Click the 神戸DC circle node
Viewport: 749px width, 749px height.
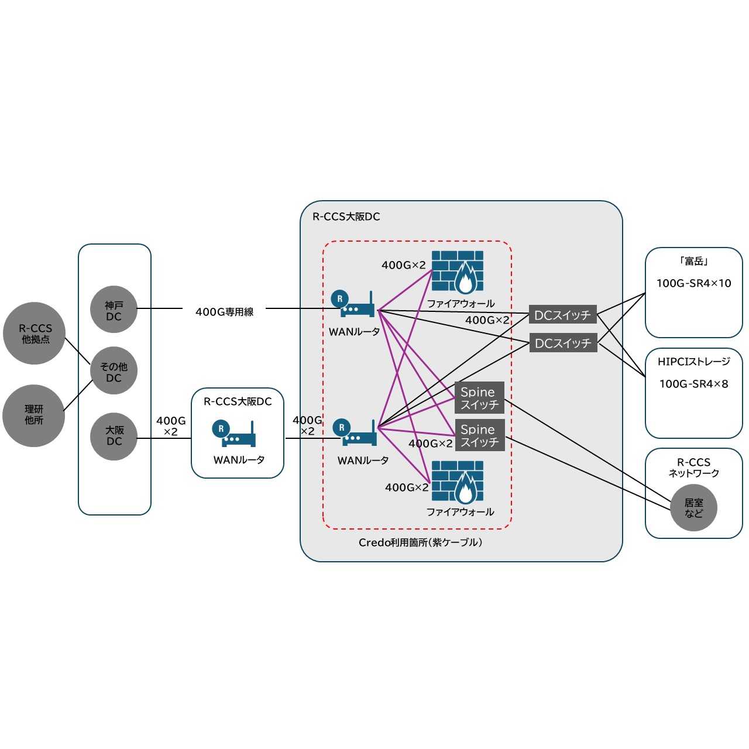(x=114, y=311)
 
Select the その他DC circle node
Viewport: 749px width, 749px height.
(x=114, y=372)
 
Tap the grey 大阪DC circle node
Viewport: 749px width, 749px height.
(x=114, y=436)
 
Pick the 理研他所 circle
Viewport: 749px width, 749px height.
(x=33, y=415)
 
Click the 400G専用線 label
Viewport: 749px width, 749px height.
(x=224, y=312)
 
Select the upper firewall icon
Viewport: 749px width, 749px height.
(x=458, y=272)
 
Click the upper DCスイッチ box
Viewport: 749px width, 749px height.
(x=562, y=315)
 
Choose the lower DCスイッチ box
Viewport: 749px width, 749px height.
(x=562, y=343)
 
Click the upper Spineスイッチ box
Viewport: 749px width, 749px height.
(x=479, y=398)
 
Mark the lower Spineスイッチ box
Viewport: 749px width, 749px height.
(x=479, y=435)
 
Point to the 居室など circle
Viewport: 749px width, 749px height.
(x=693, y=507)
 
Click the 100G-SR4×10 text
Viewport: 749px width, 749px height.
(x=693, y=283)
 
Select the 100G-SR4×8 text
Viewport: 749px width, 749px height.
(x=693, y=384)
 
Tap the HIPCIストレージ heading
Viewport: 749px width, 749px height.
(x=693, y=362)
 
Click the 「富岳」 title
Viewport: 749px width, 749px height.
(x=693, y=261)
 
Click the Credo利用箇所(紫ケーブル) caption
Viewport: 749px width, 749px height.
(x=420, y=542)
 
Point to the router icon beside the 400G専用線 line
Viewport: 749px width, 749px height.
(x=353, y=304)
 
